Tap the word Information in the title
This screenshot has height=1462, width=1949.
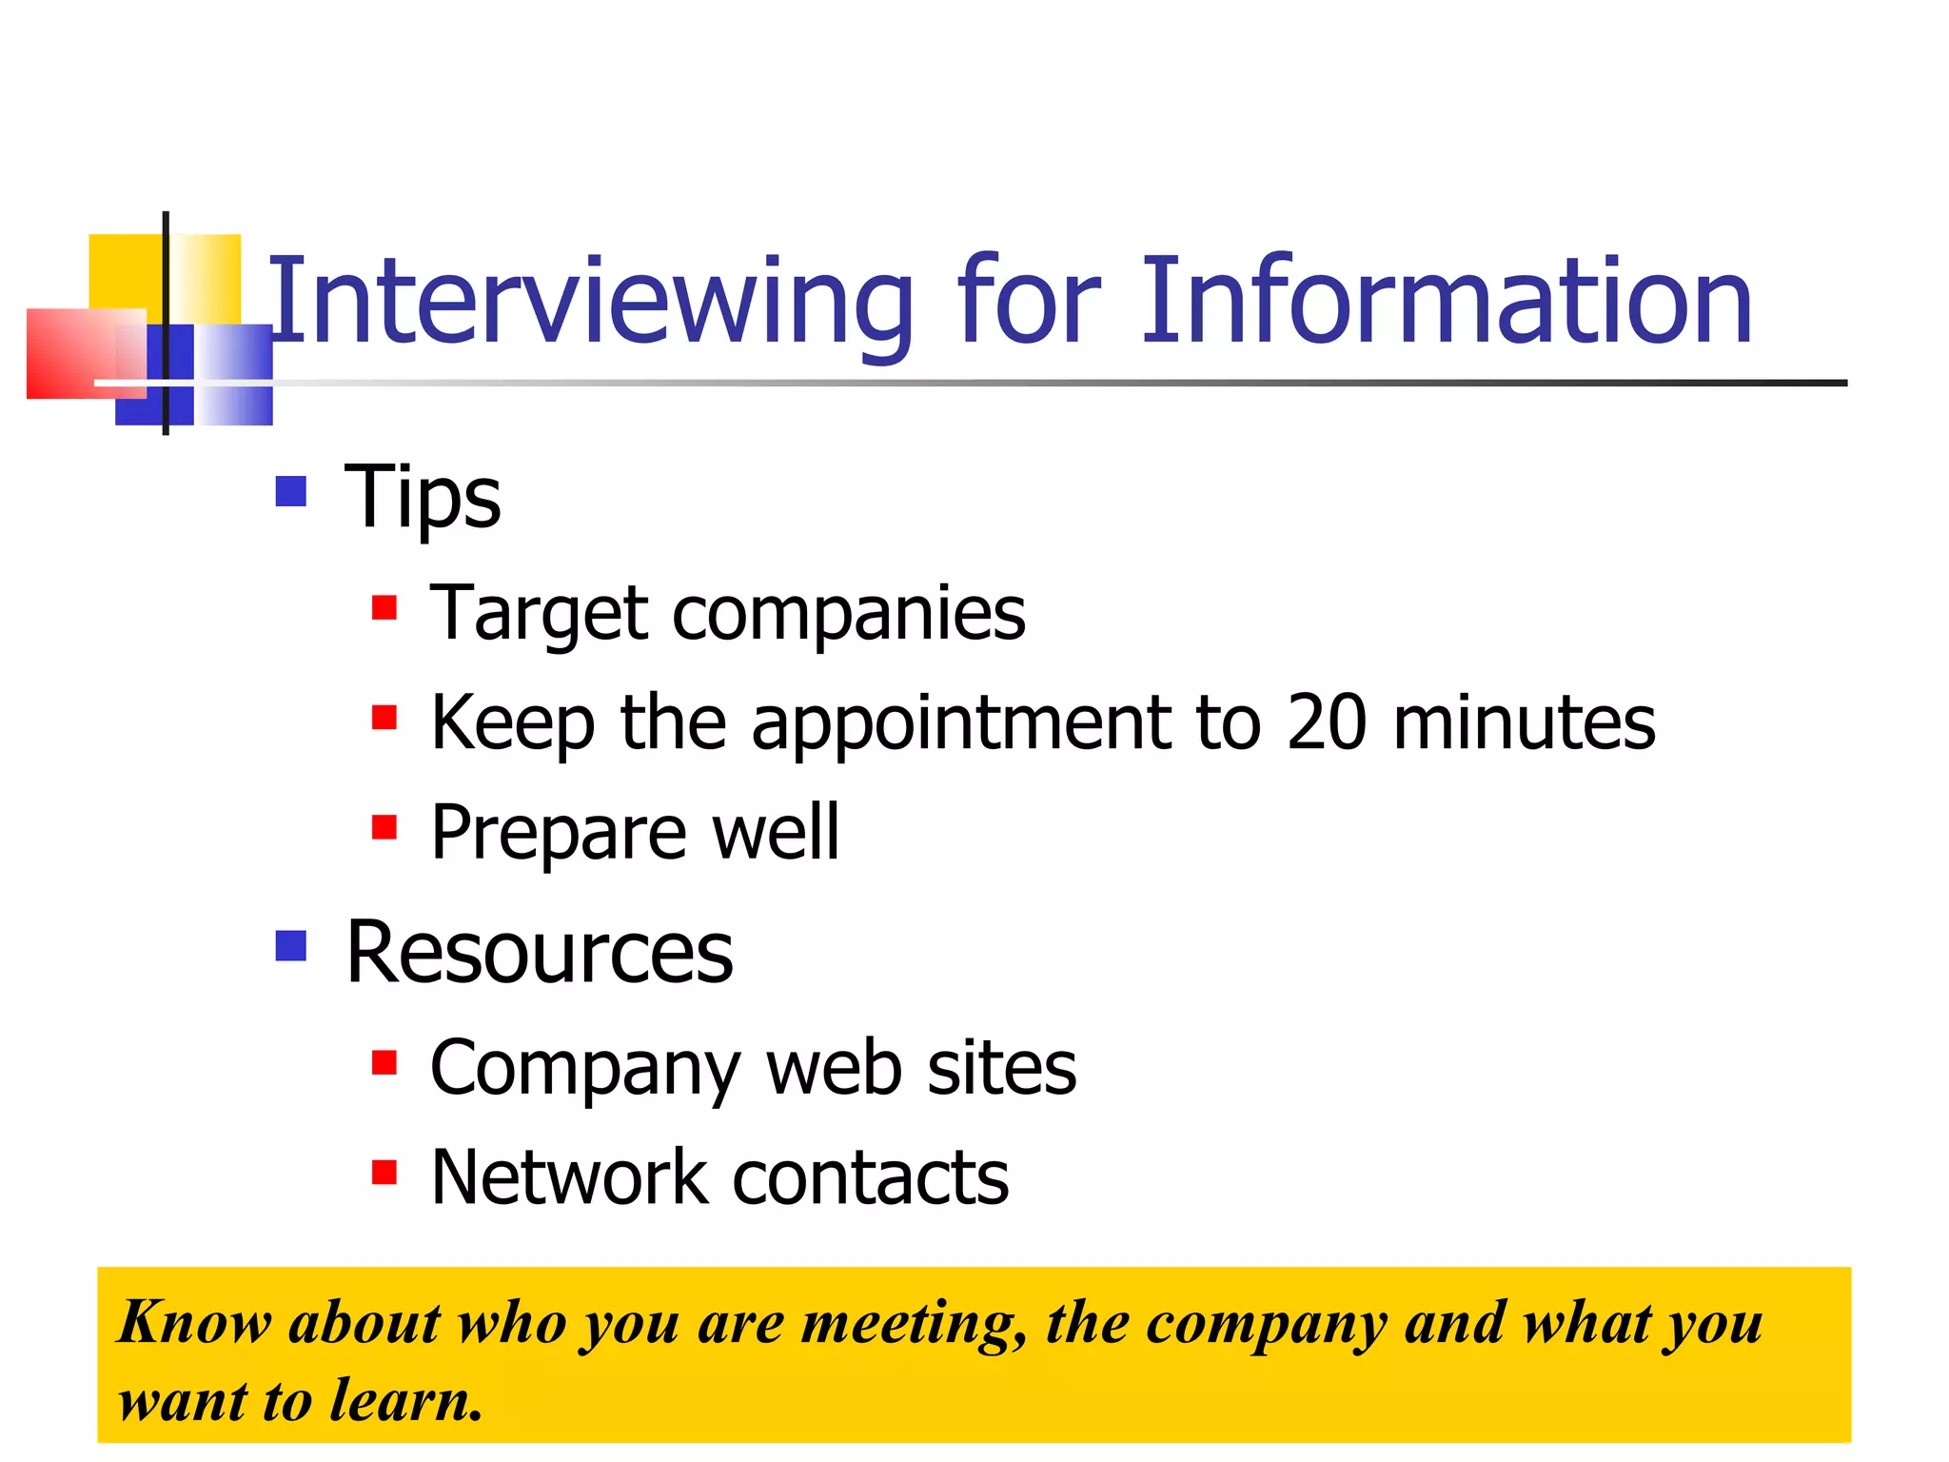(1446, 303)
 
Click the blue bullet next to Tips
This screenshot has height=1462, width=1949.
(290, 491)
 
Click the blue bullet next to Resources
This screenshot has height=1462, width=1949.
(290, 945)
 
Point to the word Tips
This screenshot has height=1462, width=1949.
(422, 497)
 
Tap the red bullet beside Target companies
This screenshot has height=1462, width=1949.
(384, 607)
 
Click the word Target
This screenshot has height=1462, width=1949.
(539, 614)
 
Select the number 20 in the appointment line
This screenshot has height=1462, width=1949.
(1327, 723)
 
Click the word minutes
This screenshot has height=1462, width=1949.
(1524, 723)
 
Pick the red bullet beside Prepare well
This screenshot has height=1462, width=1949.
(384, 826)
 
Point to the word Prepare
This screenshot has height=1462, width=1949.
(558, 834)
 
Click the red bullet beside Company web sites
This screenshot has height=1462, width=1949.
(384, 1061)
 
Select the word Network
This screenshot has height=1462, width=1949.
(568, 1178)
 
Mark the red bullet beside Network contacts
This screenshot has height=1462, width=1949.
(384, 1172)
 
